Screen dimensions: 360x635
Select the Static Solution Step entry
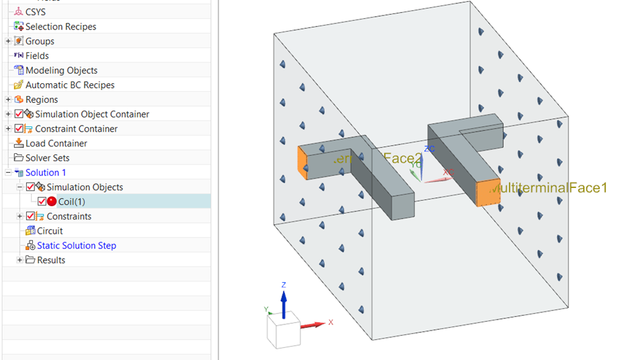[76, 246]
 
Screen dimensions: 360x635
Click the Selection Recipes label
[60, 27]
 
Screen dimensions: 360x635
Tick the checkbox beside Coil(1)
[42, 201]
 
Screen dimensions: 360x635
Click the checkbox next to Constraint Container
[19, 129]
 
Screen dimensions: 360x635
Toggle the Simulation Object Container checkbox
[19, 114]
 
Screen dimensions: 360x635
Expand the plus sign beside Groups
[8, 42]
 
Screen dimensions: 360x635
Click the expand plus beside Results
[19, 260]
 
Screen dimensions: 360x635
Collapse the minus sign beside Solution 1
[8, 173]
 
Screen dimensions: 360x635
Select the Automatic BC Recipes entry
[70, 85]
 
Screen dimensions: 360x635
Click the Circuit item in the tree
[50, 231]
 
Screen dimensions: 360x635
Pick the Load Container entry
[56, 144]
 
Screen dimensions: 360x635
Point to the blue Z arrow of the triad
[284, 300]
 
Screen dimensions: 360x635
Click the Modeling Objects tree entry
[61, 71]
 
